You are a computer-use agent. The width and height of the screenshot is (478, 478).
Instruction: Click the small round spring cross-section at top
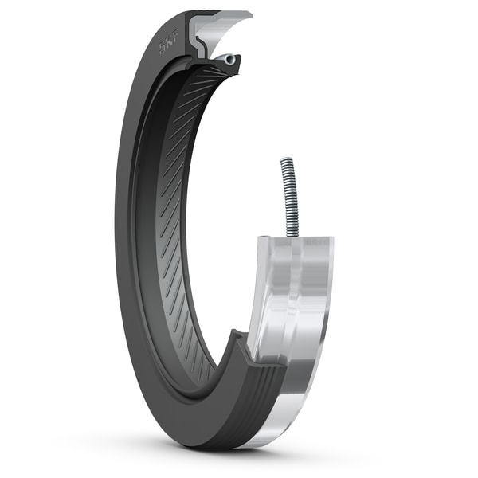click(x=229, y=60)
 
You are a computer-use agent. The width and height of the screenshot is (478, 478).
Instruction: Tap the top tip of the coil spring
click(x=285, y=160)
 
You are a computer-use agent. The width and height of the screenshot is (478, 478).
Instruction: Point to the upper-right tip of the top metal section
click(x=249, y=14)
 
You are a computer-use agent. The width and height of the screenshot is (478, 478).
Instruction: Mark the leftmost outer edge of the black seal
click(x=116, y=239)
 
